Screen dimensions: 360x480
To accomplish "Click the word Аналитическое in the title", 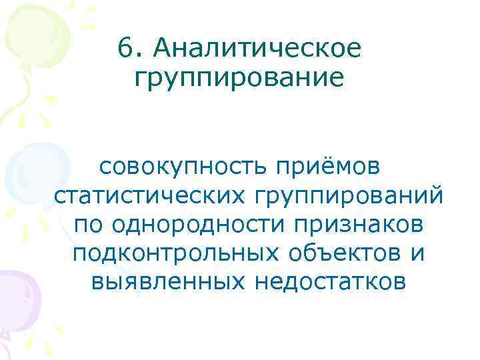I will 257,48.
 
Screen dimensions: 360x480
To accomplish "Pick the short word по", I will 89,225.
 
